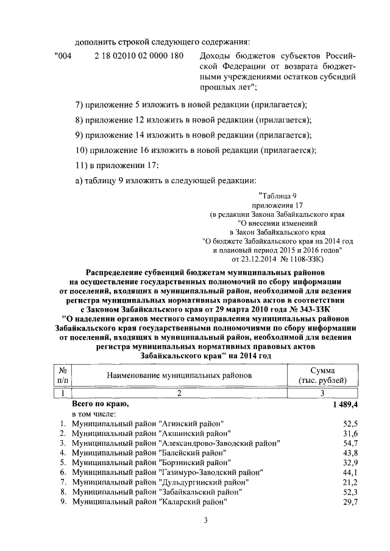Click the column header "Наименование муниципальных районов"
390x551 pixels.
point(179,376)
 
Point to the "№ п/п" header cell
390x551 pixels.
point(63,375)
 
